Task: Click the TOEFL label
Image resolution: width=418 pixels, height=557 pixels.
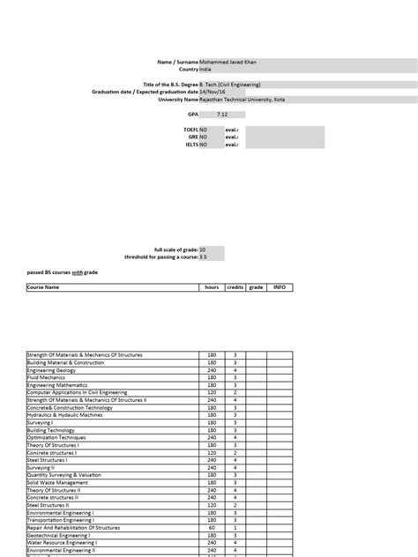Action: (x=189, y=129)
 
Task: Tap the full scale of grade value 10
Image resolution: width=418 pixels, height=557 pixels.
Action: (x=204, y=250)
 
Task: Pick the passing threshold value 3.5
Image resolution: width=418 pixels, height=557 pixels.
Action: (x=204, y=257)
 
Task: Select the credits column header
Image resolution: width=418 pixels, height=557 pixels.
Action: (x=235, y=287)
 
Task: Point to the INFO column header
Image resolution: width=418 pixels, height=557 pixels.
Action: (x=280, y=287)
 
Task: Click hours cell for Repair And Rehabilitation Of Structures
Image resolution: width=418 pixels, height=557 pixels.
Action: (x=212, y=527)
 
